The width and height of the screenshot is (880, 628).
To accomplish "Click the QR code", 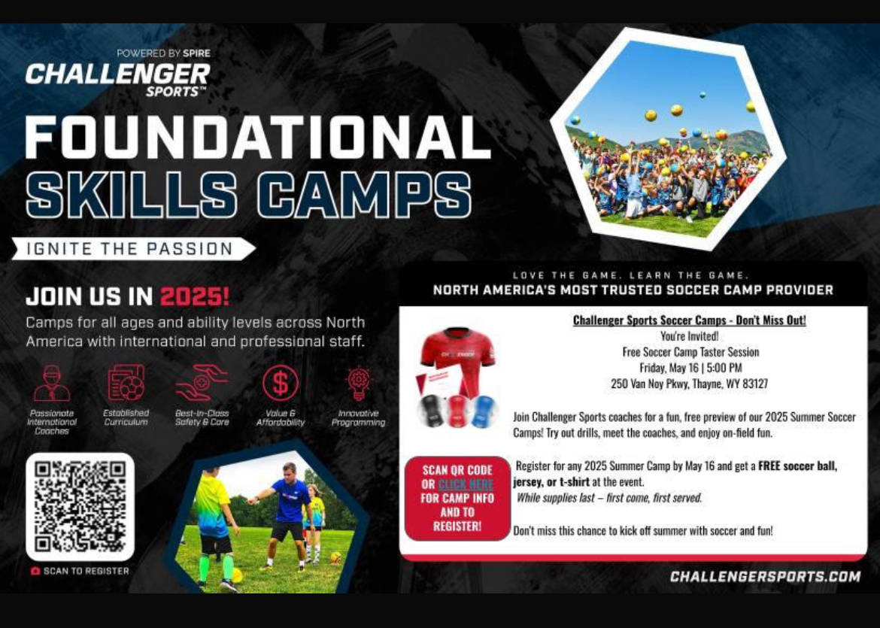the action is (x=80, y=506).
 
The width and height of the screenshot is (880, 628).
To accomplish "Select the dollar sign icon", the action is (x=280, y=384).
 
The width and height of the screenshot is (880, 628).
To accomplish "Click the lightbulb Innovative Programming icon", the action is (x=358, y=384).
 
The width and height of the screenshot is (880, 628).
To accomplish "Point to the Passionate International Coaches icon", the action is (x=52, y=384).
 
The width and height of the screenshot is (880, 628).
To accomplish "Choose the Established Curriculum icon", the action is (x=126, y=383).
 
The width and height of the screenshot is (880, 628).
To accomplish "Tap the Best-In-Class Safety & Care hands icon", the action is (x=202, y=383).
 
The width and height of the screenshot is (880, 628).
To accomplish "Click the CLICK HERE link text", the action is (x=466, y=484).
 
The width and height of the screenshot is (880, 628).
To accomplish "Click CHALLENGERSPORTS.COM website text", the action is (x=765, y=576).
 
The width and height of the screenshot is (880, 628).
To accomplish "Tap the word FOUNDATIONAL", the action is (x=257, y=137).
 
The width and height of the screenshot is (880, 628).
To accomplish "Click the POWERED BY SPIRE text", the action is (x=163, y=53).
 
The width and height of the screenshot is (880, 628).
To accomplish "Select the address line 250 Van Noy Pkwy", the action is (x=689, y=384).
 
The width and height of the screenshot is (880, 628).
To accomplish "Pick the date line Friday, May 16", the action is (x=690, y=369).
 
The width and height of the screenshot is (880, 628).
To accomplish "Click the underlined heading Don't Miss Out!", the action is (x=689, y=320).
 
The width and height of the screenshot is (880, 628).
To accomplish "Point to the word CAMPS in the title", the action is (x=364, y=195).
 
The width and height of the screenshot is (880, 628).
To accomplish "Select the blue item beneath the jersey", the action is (x=483, y=411).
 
